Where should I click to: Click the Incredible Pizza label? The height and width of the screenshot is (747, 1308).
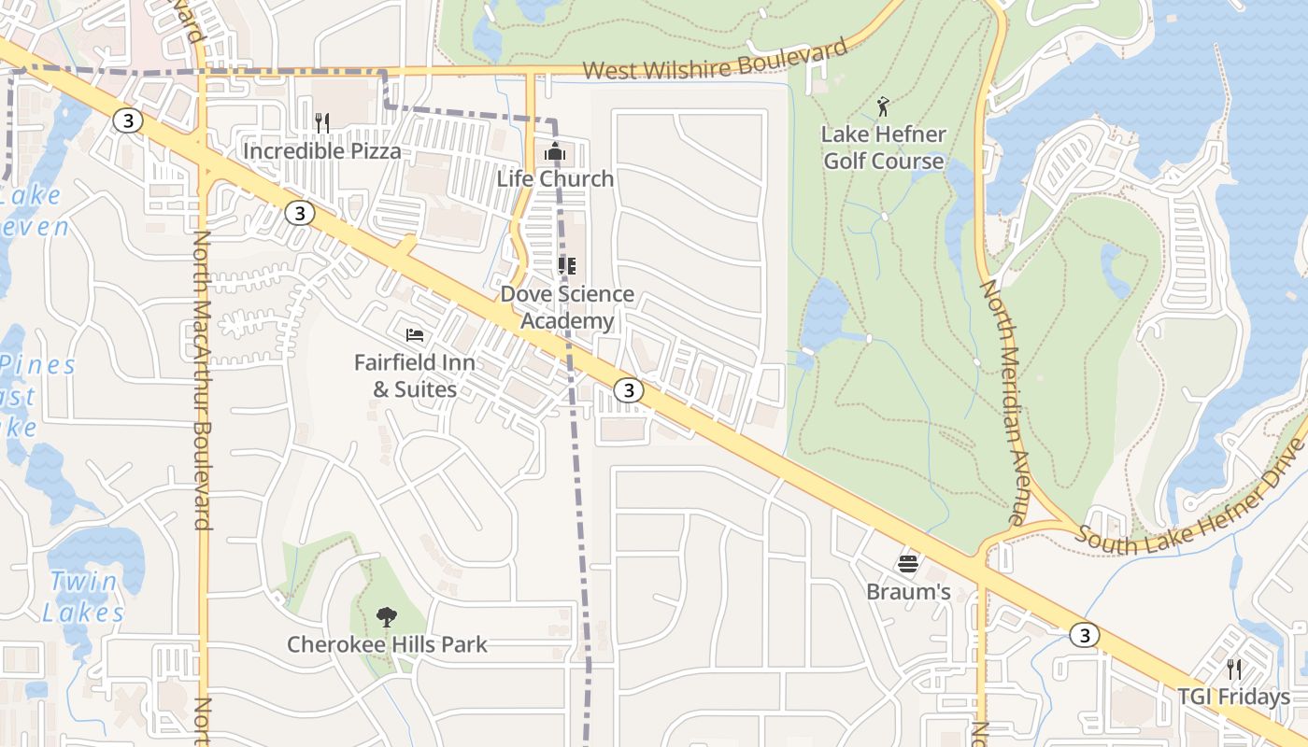pyautogui.click(x=322, y=151)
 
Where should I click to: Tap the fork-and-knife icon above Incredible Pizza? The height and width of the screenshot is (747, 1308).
pyautogui.click(x=322, y=122)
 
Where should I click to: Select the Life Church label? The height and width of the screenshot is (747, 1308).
pyautogui.click(x=555, y=178)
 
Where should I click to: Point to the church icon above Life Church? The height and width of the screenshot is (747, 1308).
pyautogui.click(x=555, y=150)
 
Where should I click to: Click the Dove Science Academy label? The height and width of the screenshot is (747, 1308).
pyautogui.click(x=567, y=307)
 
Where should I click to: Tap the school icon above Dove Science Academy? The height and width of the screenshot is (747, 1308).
pyautogui.click(x=566, y=266)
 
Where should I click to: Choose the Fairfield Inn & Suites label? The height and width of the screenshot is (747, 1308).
pyautogui.click(x=415, y=375)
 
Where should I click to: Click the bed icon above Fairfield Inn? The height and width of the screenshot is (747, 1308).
pyautogui.click(x=415, y=334)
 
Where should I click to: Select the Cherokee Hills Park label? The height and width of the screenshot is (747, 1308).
pyautogui.click(x=387, y=644)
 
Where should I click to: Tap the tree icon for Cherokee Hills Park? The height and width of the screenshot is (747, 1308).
pyautogui.click(x=386, y=616)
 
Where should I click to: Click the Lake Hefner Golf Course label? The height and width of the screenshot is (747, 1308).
pyautogui.click(x=883, y=148)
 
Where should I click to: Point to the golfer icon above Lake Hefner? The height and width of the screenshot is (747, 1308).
pyautogui.click(x=883, y=107)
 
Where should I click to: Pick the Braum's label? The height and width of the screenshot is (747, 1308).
pyautogui.click(x=908, y=592)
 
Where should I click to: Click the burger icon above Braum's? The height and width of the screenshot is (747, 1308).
pyautogui.click(x=908, y=564)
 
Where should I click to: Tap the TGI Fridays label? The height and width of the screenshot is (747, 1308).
pyautogui.click(x=1233, y=697)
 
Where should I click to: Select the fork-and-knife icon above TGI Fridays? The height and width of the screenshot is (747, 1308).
pyautogui.click(x=1233, y=669)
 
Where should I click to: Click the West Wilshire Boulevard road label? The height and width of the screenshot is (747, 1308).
pyautogui.click(x=715, y=62)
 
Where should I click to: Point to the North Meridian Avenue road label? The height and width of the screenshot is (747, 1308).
pyautogui.click(x=1002, y=402)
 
